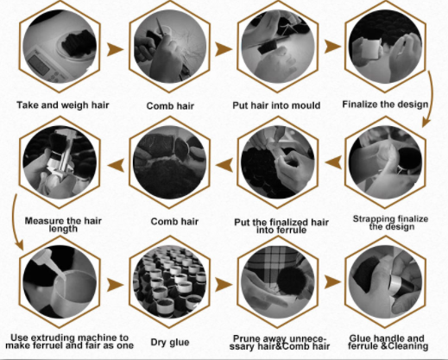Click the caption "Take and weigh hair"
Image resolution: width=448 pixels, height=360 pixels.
pyautogui.click(x=63, y=105)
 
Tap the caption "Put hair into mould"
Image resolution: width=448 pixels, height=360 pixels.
pyautogui.click(x=276, y=105)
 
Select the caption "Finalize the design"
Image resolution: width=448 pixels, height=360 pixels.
pyautogui.click(x=385, y=104)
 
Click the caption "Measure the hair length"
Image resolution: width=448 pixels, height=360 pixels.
pyautogui.click(x=63, y=224)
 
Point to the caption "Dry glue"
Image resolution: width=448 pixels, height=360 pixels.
pyautogui.click(x=170, y=342)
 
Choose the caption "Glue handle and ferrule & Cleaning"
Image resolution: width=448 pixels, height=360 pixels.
pyautogui.click(x=388, y=342)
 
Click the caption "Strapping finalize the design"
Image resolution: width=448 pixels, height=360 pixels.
pyautogui.click(x=390, y=223)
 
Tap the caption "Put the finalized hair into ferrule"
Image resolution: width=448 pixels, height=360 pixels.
pyautogui.click(x=281, y=226)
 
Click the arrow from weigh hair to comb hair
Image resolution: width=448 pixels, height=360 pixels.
pyautogui.click(x=115, y=49)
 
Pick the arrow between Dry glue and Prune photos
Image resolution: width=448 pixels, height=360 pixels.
pyautogui.click(x=224, y=285)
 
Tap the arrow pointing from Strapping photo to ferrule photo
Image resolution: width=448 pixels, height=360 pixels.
pyautogui.click(x=333, y=162)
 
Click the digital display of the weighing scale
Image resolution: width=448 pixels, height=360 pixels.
pyautogui.click(x=39, y=66)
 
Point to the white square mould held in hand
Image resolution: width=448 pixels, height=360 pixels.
pyautogui.click(x=369, y=48)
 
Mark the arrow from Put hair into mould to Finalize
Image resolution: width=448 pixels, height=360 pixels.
pyautogui.click(x=332, y=47)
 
